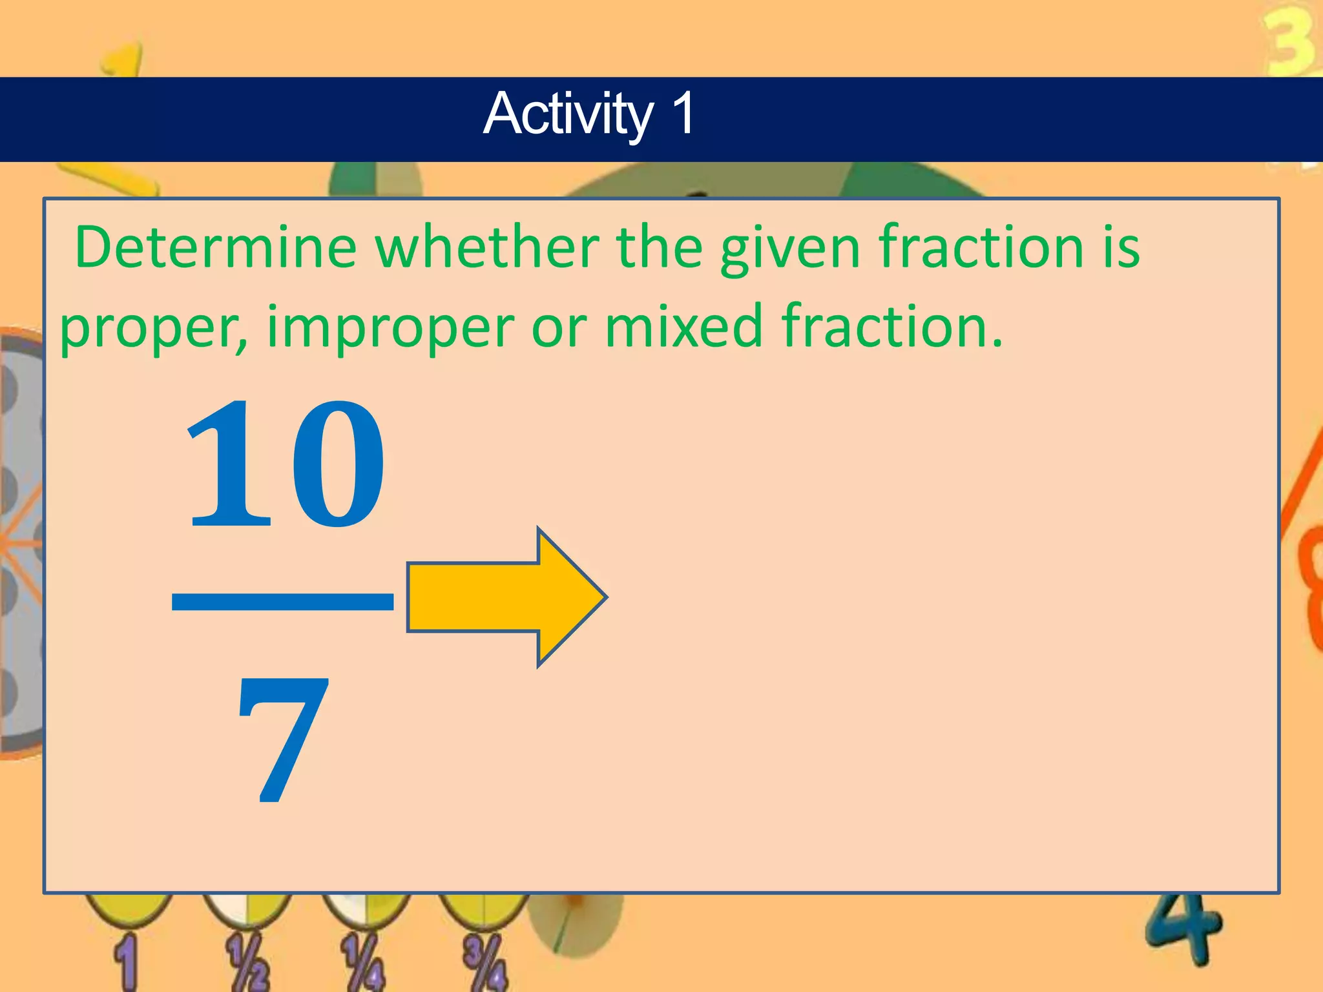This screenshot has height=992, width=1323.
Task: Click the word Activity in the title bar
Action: [x=568, y=114]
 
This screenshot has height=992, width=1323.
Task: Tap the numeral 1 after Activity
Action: [x=682, y=113]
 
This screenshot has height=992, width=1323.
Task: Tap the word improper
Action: [x=390, y=328]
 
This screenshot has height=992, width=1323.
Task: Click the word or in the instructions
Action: [x=559, y=328]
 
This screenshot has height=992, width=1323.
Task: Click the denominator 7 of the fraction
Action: [x=282, y=740]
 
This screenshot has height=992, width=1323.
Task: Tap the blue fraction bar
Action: [x=282, y=601]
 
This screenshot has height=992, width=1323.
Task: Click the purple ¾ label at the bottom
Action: [x=484, y=962]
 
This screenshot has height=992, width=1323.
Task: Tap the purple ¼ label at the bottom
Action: [x=364, y=962]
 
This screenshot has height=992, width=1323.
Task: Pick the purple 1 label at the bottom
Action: [x=126, y=962]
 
